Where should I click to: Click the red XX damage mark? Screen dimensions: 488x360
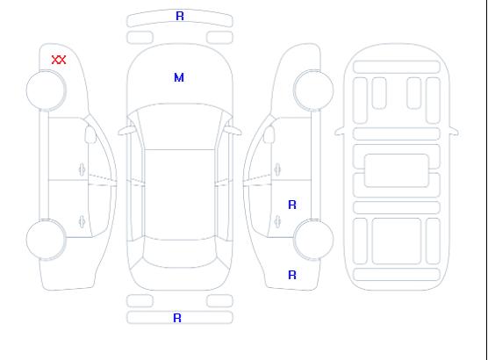(59, 60)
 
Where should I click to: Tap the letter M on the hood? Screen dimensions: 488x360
(179, 77)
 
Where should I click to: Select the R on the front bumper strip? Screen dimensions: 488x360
(180, 16)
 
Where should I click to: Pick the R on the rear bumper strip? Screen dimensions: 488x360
(177, 318)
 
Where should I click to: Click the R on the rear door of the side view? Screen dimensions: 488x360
(292, 205)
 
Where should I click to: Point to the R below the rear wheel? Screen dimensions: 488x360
(292, 275)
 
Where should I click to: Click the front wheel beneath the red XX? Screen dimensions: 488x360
(46, 90)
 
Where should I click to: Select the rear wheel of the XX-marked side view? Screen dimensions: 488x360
(46, 240)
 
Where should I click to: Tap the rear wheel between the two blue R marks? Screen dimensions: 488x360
(313, 240)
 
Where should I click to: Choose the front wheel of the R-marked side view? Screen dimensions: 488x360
(313, 90)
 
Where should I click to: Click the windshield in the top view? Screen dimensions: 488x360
(180, 126)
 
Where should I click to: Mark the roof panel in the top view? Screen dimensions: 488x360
(180, 195)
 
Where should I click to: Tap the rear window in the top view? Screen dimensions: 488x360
(180, 254)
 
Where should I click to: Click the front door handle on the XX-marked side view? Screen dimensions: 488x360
(82, 169)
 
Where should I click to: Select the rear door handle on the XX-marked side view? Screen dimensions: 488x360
(82, 221)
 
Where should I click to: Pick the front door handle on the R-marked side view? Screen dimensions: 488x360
(277, 169)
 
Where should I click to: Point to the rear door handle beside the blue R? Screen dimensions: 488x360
(277, 221)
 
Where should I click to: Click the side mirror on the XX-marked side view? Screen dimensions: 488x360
(90, 134)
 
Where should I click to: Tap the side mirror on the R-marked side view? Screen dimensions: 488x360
(269, 134)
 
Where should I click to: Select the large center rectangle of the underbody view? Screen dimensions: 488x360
(397, 170)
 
